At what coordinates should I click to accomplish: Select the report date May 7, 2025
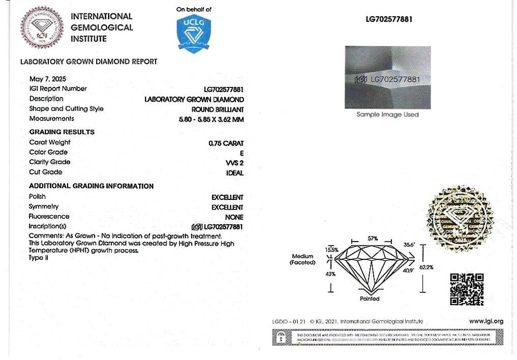click(48, 79)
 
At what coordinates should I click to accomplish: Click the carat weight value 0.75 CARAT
click(226, 143)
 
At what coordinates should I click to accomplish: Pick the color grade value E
click(241, 153)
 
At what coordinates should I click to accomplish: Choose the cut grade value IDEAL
click(235, 172)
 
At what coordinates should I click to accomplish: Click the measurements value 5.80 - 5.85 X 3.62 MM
click(208, 119)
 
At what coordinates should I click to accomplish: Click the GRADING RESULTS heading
click(62, 132)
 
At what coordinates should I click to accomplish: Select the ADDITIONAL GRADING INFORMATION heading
click(91, 186)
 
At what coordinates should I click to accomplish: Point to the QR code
click(467, 289)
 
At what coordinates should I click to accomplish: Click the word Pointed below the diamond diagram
click(370, 299)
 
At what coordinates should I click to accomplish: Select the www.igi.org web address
click(485, 321)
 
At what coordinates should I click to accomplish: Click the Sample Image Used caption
click(387, 115)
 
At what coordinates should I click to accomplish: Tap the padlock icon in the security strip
click(280, 337)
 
